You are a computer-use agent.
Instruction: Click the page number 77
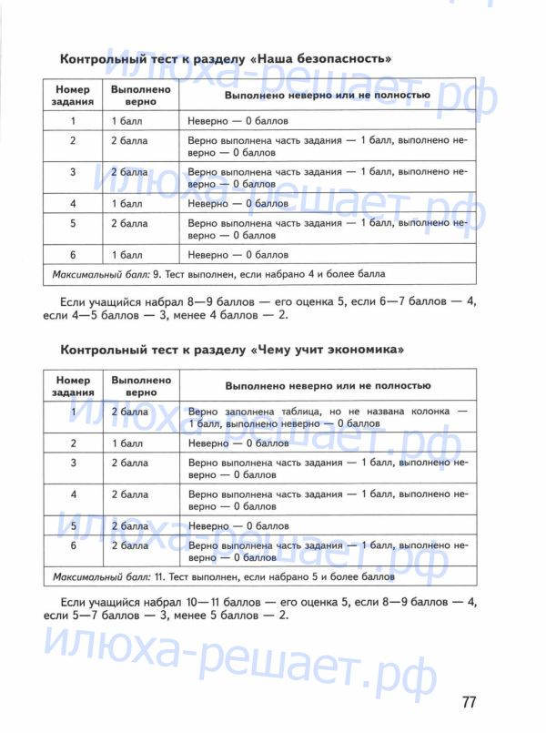[469, 702]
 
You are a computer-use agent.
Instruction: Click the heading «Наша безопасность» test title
[226, 59]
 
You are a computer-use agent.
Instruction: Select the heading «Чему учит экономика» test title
[231, 350]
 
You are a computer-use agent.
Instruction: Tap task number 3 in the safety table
[73, 172]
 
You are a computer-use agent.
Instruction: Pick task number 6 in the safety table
[73, 255]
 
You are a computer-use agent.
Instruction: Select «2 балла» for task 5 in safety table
[129, 223]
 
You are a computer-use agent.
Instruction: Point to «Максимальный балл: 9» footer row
[218, 273]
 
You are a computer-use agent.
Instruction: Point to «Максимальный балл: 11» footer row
[224, 576]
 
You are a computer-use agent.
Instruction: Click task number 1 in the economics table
[73, 412]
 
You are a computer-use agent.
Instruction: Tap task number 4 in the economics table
[73, 494]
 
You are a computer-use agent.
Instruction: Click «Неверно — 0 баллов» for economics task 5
[238, 526]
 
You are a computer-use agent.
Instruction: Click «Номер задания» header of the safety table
[73, 97]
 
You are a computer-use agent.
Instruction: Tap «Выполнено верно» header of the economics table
[141, 386]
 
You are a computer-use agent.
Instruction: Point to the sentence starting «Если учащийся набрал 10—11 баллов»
[259, 609]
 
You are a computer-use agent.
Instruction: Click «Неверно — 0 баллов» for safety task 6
[238, 255]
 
